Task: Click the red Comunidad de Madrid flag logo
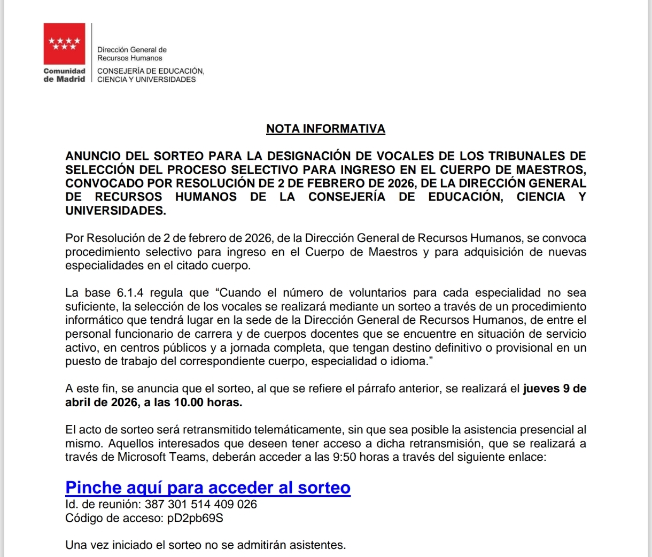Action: pyautogui.click(x=64, y=43)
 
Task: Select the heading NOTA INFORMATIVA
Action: pyautogui.click(x=325, y=129)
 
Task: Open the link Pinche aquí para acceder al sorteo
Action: pyautogui.click(x=208, y=488)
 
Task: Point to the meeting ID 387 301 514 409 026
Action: pyautogui.click(x=201, y=504)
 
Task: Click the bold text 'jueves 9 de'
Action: pyautogui.click(x=554, y=389)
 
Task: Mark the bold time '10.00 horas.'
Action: pyautogui.click(x=208, y=403)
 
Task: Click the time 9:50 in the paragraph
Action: pyautogui.click(x=344, y=457)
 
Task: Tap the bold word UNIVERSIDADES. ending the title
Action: pyautogui.click(x=115, y=211)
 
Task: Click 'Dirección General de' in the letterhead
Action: pyautogui.click(x=132, y=50)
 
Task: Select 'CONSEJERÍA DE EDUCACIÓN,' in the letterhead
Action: pyautogui.click(x=151, y=71)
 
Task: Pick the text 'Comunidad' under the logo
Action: pyautogui.click(x=64, y=71)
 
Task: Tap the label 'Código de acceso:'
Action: pyautogui.click(x=111, y=518)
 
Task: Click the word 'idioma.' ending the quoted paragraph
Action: pyautogui.click(x=412, y=361)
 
